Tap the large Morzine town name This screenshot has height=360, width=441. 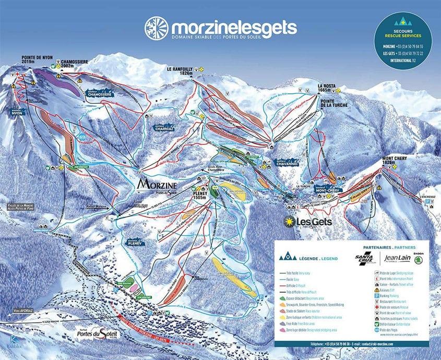(157, 185)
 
